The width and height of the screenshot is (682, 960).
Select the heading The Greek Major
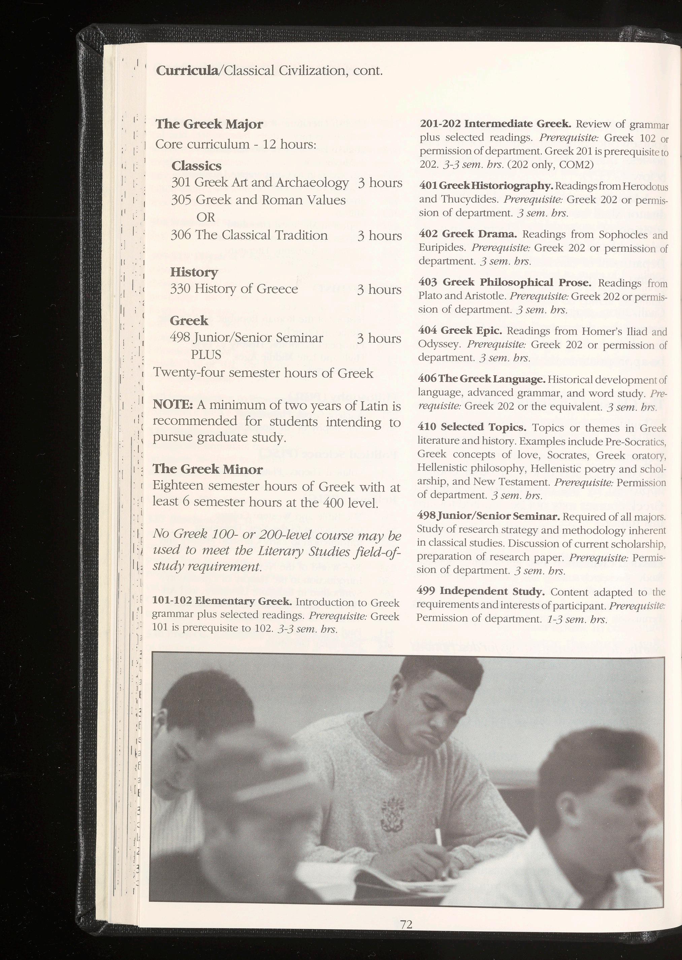[x=209, y=124]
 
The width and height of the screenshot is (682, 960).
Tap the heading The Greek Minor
[x=207, y=469]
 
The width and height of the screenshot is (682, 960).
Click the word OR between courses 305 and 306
[x=205, y=217]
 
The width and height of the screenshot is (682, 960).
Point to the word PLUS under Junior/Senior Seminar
[x=206, y=355]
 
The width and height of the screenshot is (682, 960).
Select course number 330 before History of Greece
[x=181, y=289]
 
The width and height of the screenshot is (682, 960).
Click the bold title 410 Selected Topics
[x=472, y=427]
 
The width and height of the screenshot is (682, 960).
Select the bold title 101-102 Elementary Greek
[x=222, y=601]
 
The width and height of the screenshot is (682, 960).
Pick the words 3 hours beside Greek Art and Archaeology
[x=380, y=183]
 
